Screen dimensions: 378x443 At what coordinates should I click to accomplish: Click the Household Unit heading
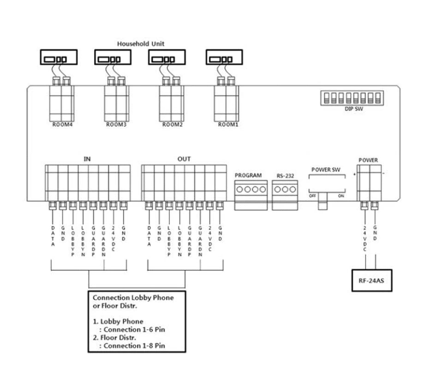click(140, 44)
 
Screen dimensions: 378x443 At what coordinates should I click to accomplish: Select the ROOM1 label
click(227, 124)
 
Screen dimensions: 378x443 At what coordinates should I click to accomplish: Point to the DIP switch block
click(351, 98)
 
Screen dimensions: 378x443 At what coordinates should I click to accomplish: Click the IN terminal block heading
click(87, 159)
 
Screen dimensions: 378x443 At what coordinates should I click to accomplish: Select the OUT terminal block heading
click(184, 159)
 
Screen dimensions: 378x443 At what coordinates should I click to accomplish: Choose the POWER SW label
click(326, 170)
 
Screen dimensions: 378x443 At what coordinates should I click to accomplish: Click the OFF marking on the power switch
click(312, 195)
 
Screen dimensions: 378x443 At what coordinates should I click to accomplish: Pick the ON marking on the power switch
click(341, 195)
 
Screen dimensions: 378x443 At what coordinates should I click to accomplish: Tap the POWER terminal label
click(368, 160)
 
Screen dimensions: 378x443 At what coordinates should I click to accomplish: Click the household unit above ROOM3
click(113, 58)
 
